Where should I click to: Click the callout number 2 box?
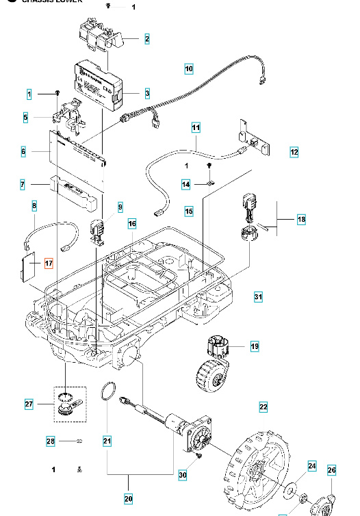[x=146, y=39]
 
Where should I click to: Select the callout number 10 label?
[x=189, y=68]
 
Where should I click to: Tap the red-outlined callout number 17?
[x=48, y=263]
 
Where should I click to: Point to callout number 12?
[x=294, y=152]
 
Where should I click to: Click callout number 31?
[x=258, y=297]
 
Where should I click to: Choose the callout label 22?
[x=263, y=407]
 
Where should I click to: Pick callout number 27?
[x=29, y=404]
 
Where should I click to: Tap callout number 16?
[x=132, y=224]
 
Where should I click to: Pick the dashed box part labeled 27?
[x=67, y=405]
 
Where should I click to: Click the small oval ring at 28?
[x=79, y=441]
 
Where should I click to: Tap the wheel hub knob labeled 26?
[x=322, y=505]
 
